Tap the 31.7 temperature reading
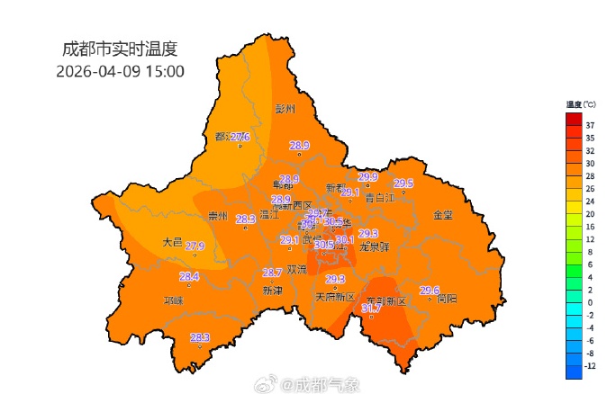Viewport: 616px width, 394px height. coord(371,309)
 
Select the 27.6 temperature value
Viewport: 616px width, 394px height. coord(240,137)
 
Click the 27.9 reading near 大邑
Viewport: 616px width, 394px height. coord(195,246)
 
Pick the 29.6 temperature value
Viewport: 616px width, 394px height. coord(430,291)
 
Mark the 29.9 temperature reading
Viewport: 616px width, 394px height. coord(367,176)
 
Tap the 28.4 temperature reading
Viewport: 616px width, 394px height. coord(188,276)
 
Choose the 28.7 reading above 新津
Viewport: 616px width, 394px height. coord(272,273)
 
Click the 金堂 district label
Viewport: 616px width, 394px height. coord(443,216)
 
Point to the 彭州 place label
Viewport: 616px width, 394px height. coord(285,109)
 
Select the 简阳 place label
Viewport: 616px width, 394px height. coord(447,299)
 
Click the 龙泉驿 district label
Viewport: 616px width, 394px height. coord(374,246)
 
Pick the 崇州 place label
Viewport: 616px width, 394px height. coord(218,216)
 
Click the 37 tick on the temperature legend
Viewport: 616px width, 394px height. coord(590,125)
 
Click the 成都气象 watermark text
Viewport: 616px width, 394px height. coord(328,385)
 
